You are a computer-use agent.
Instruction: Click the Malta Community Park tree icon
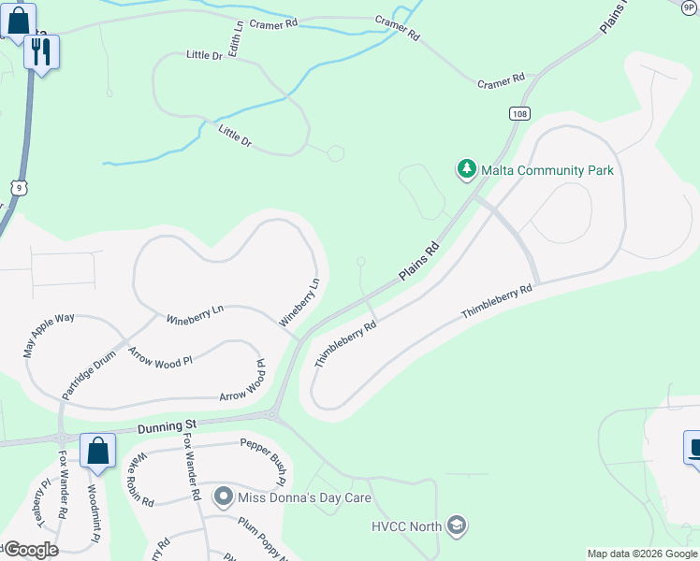[x=466, y=169]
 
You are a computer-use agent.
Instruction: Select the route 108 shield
[x=519, y=113]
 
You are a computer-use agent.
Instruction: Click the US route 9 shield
[x=19, y=188]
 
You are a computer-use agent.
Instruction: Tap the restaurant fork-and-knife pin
[x=40, y=52]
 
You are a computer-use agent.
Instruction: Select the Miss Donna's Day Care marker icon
[x=223, y=496]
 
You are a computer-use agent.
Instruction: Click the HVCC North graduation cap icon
[x=456, y=525]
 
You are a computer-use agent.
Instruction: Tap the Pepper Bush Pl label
[x=262, y=462]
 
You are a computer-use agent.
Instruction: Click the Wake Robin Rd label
[x=140, y=480]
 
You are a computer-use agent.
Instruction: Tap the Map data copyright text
[x=643, y=554]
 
